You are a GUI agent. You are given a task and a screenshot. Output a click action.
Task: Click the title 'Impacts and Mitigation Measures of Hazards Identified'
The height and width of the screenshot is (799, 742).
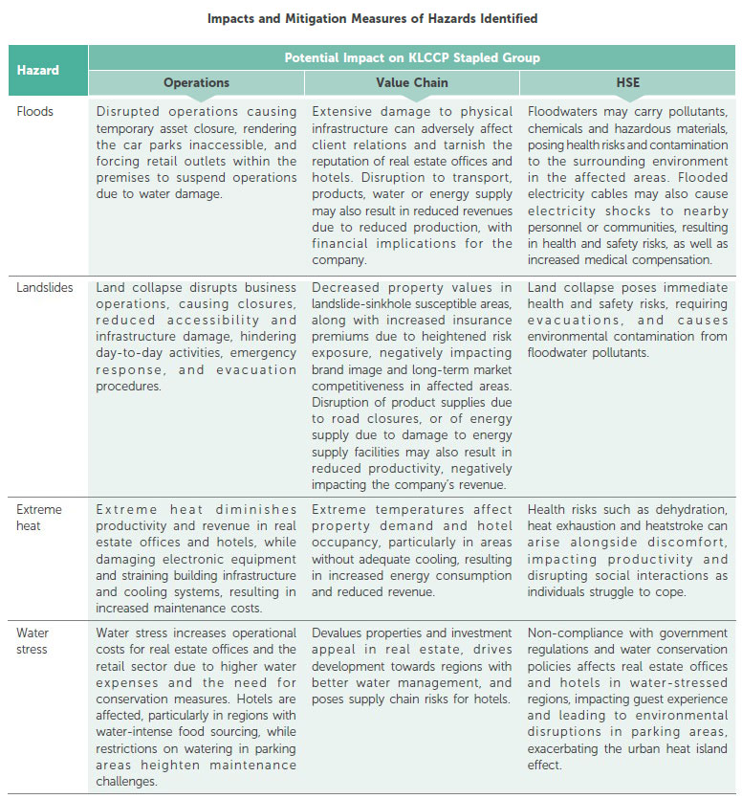click(x=371, y=18)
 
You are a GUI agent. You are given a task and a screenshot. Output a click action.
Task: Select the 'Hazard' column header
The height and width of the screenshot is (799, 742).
click(x=38, y=70)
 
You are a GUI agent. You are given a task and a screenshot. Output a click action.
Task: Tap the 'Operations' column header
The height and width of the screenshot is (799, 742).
click(x=196, y=83)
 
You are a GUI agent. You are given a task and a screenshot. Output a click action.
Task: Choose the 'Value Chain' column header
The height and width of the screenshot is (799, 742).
click(x=412, y=83)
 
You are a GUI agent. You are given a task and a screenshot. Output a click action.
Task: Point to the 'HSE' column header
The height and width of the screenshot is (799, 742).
click(x=627, y=83)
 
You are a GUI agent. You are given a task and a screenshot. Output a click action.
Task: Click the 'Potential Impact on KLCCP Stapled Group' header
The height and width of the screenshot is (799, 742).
click(x=412, y=57)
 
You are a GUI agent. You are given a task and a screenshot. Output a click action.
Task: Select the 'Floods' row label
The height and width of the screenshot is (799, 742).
click(x=35, y=111)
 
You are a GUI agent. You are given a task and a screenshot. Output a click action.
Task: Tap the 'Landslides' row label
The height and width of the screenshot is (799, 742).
click(x=45, y=287)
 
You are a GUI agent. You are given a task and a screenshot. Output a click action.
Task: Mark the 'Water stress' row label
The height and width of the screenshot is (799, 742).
click(x=33, y=640)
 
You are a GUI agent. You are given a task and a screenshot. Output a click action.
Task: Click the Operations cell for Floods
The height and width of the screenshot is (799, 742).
click(x=196, y=154)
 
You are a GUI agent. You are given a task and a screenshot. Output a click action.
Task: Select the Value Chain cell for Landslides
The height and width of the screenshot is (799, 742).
click(x=412, y=386)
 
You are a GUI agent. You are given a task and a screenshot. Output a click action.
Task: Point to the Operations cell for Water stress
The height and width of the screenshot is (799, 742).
click(x=196, y=707)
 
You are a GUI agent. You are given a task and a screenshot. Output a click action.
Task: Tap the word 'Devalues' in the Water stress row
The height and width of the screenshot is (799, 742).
click(x=338, y=633)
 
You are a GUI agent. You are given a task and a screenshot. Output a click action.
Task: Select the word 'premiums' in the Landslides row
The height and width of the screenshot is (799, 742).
click(x=339, y=338)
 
